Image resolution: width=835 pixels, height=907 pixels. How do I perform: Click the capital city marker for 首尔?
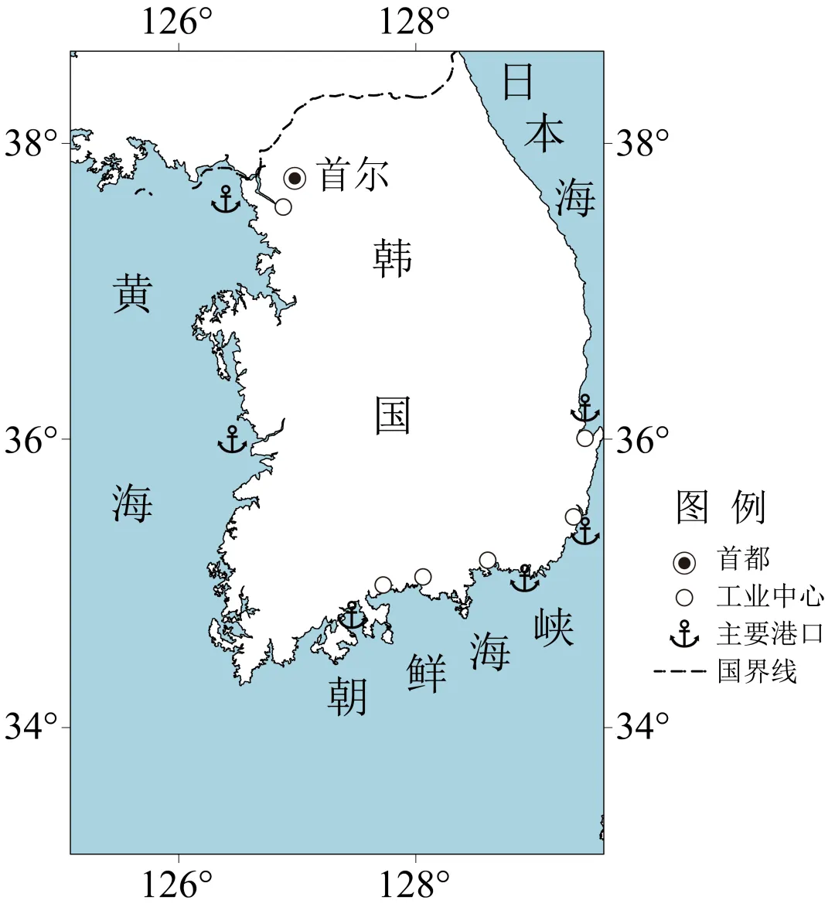click(295, 179)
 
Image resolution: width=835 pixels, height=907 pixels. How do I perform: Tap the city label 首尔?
click(353, 176)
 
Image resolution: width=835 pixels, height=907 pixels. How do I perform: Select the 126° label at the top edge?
click(176, 22)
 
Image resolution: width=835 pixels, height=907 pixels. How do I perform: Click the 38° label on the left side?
click(32, 143)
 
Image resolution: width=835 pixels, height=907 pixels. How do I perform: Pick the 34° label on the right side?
click(642, 726)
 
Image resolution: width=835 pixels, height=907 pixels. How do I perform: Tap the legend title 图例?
click(721, 507)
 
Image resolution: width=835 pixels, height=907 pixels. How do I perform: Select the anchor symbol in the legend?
click(684, 634)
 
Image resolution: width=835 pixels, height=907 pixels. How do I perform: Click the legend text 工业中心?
click(770, 597)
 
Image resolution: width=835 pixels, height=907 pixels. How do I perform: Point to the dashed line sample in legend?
click(680, 671)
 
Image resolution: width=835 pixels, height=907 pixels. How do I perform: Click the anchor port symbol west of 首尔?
click(226, 199)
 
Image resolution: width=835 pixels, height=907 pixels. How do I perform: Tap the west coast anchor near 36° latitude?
click(232, 440)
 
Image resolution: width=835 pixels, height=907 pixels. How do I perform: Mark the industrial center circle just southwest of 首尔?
click(283, 206)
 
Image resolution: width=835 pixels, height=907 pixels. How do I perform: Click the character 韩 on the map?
click(393, 258)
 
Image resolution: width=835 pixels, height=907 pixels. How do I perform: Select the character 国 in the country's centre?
click(393, 415)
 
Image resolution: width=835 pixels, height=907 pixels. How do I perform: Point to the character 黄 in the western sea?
click(132, 295)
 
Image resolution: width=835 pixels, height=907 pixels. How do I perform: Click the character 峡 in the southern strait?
click(554, 628)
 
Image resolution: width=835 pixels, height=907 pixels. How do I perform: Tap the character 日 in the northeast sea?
click(518, 82)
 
